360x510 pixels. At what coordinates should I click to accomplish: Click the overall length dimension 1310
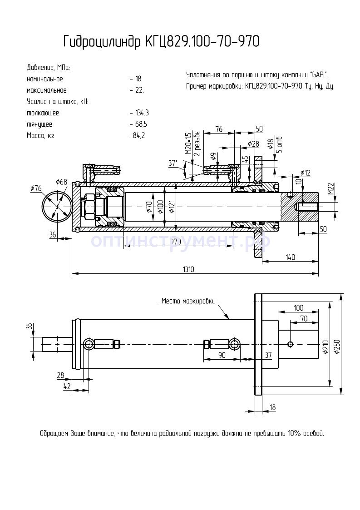tap(188, 269)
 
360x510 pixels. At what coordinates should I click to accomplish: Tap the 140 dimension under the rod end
tap(291, 257)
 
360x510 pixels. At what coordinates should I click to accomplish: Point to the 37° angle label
tap(173, 163)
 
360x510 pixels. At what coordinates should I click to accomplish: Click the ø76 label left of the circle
tap(36, 188)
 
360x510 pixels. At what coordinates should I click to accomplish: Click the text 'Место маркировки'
tap(188, 301)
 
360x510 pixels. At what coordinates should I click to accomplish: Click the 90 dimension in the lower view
tap(222, 355)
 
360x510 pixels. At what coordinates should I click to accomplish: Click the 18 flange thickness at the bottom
tap(272, 407)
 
